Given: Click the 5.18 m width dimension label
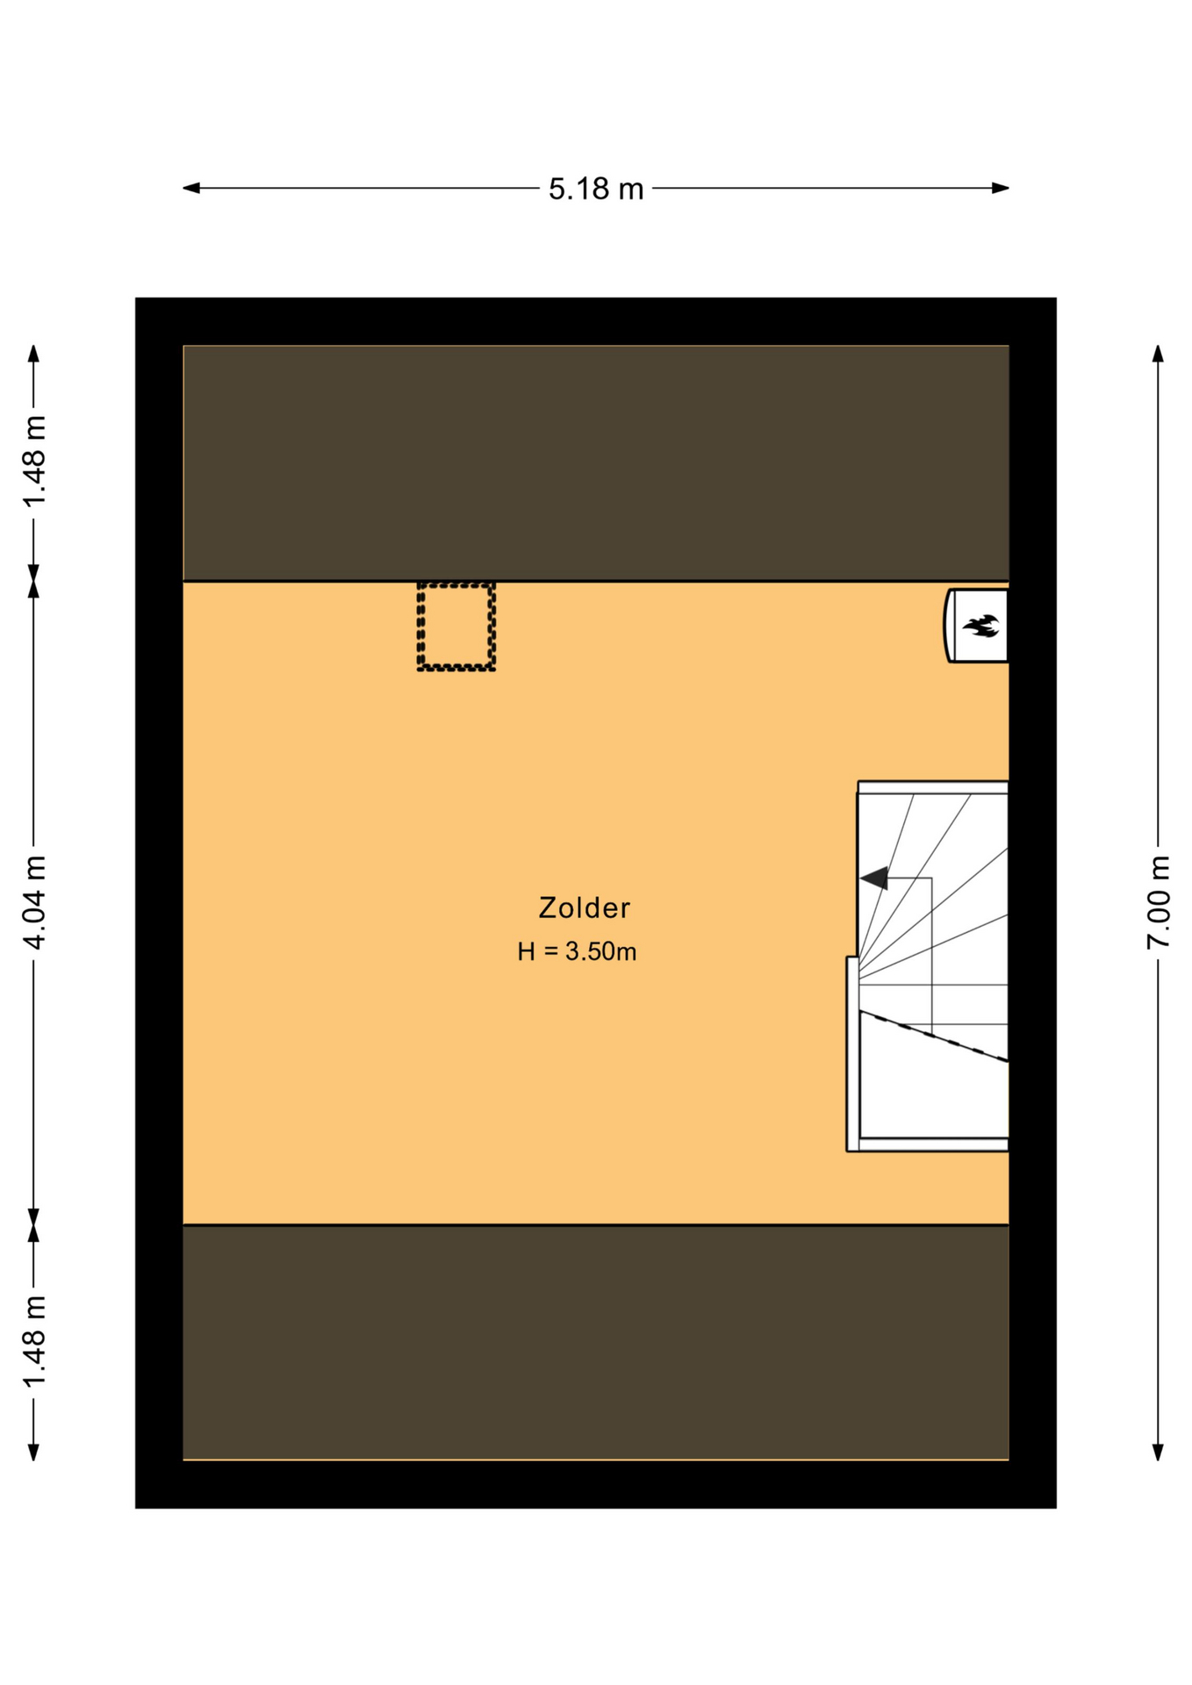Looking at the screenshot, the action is (x=596, y=189).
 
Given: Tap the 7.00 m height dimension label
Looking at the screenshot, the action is (x=1158, y=901).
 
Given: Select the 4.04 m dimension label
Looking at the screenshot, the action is (x=34, y=901).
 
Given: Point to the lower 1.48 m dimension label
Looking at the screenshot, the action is (x=34, y=1342).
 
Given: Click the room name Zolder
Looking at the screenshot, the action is (x=585, y=907).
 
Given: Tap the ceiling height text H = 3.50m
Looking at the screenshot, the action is (x=577, y=951).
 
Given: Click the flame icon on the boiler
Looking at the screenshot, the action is (x=981, y=626).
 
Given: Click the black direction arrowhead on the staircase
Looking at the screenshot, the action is (x=874, y=878).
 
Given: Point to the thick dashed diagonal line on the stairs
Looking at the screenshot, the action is (x=933, y=1036).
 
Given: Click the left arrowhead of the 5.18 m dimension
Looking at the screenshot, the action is (x=191, y=188).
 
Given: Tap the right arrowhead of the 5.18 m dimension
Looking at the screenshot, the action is (x=1000, y=188).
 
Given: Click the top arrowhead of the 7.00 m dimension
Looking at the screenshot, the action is (x=1158, y=354).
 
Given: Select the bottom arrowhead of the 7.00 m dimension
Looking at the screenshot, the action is (x=1158, y=1452).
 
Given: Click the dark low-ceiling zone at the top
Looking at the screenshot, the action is (x=596, y=462).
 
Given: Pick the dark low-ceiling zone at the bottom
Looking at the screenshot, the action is (x=596, y=1343).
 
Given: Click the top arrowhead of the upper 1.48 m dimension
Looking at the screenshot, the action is (x=34, y=354).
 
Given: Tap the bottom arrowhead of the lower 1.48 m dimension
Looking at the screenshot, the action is (x=34, y=1452).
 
